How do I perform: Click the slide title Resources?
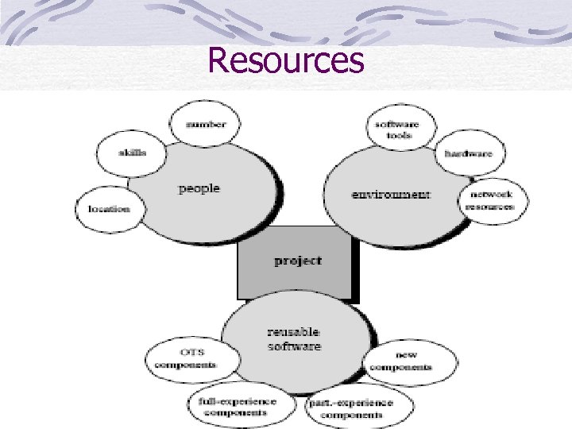point(285,60)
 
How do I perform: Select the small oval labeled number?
point(206,124)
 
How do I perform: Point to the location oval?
point(109,209)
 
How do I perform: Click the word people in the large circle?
point(199,188)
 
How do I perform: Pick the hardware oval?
point(468,153)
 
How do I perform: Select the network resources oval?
point(489,200)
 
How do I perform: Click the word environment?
point(391,194)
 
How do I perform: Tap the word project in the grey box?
point(298,260)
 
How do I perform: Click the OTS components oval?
point(185,359)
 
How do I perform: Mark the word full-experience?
point(237,401)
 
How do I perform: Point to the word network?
point(489,195)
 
